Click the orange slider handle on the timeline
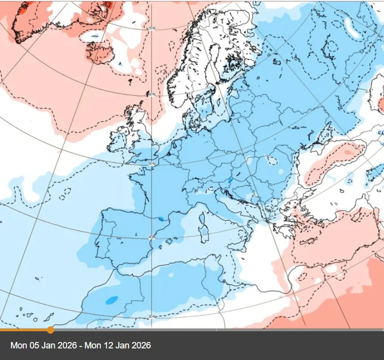pyautogui.click(x=50, y=329)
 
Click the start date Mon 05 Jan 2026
pyautogui.click(x=44, y=345)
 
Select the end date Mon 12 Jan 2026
pyautogui.click(x=118, y=345)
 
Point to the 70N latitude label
pyautogui.click(x=152, y=28)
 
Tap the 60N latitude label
pyautogui.click(x=152, y=94)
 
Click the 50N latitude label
pyautogui.click(x=152, y=163)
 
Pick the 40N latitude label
pyautogui.click(x=152, y=237)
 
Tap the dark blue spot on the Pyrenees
pyautogui.click(x=162, y=219)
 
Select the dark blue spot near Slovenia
pyautogui.click(x=230, y=179)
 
